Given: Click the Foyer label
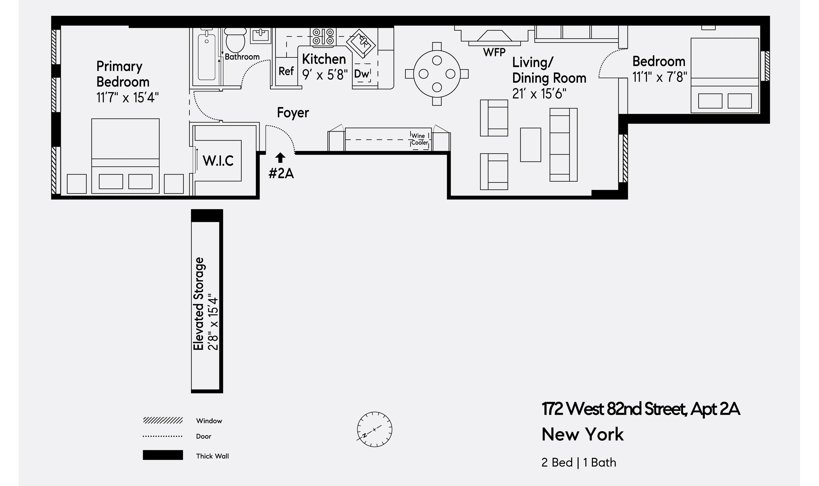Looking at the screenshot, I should tap(293, 113).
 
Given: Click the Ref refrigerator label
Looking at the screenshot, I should tap(286, 71).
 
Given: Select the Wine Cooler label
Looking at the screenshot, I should tap(419, 139).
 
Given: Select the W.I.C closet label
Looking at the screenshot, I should tap(218, 161).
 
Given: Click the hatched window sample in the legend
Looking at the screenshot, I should tap(163, 420).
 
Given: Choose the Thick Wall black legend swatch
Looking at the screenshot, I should tap(163, 455).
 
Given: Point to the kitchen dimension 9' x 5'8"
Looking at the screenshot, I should tap(324, 75).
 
